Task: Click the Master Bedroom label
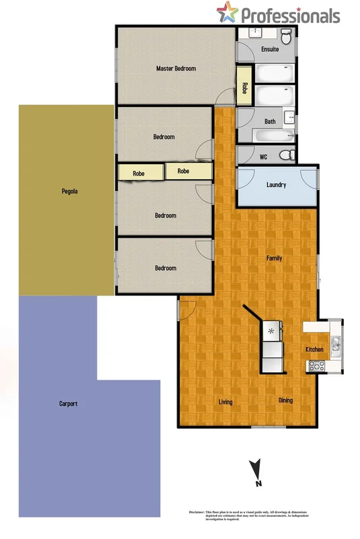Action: click(x=176, y=69)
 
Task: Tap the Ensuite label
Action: click(x=270, y=50)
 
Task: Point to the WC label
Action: click(x=264, y=157)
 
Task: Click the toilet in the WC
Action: click(x=286, y=155)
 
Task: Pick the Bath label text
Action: click(x=270, y=122)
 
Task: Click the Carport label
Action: click(x=68, y=404)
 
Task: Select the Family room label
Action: click(x=274, y=258)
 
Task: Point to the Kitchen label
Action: click(x=315, y=349)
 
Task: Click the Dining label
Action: click(x=286, y=400)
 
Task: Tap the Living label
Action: click(x=225, y=402)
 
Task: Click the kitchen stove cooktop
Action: click(x=316, y=366)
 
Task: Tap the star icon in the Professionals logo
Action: click(x=227, y=12)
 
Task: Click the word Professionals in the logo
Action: click(x=290, y=15)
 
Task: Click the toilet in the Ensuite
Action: click(x=287, y=35)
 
